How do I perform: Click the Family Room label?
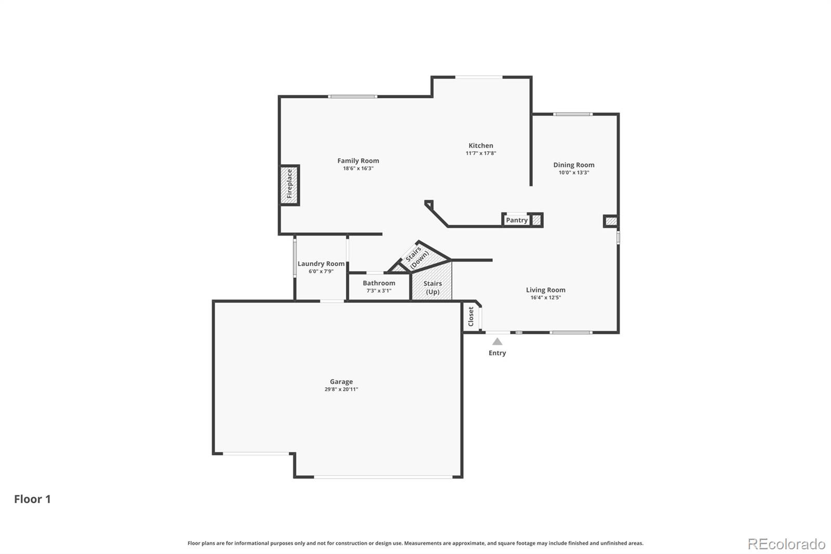[358, 161]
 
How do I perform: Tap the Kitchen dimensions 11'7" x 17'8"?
[481, 153]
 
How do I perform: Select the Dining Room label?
[573, 165]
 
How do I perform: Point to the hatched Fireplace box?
[289, 185]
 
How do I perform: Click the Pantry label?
[516, 220]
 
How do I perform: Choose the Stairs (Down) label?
[417, 257]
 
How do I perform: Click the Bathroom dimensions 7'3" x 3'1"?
[379, 291]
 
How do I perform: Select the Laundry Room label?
[321, 263]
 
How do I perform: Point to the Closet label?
[471, 316]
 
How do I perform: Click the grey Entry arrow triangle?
[497, 341]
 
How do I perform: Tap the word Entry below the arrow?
[497, 353]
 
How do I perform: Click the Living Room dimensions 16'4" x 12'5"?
[545, 297]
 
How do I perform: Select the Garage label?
[341, 381]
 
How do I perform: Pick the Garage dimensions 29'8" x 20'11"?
[341, 389]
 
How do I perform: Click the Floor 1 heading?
[32, 499]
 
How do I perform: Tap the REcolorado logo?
[786, 544]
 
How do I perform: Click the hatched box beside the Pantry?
[536, 220]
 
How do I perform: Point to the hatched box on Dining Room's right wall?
[611, 221]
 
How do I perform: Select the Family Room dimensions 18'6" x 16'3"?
[358, 168]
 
